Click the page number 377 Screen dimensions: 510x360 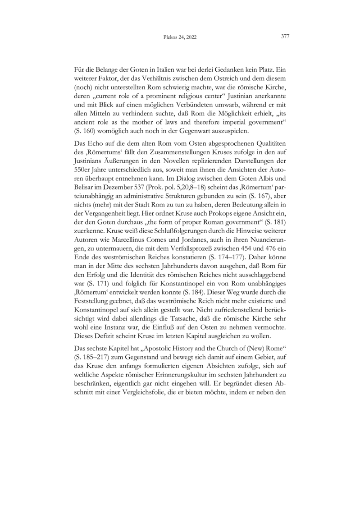click(284, 37)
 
